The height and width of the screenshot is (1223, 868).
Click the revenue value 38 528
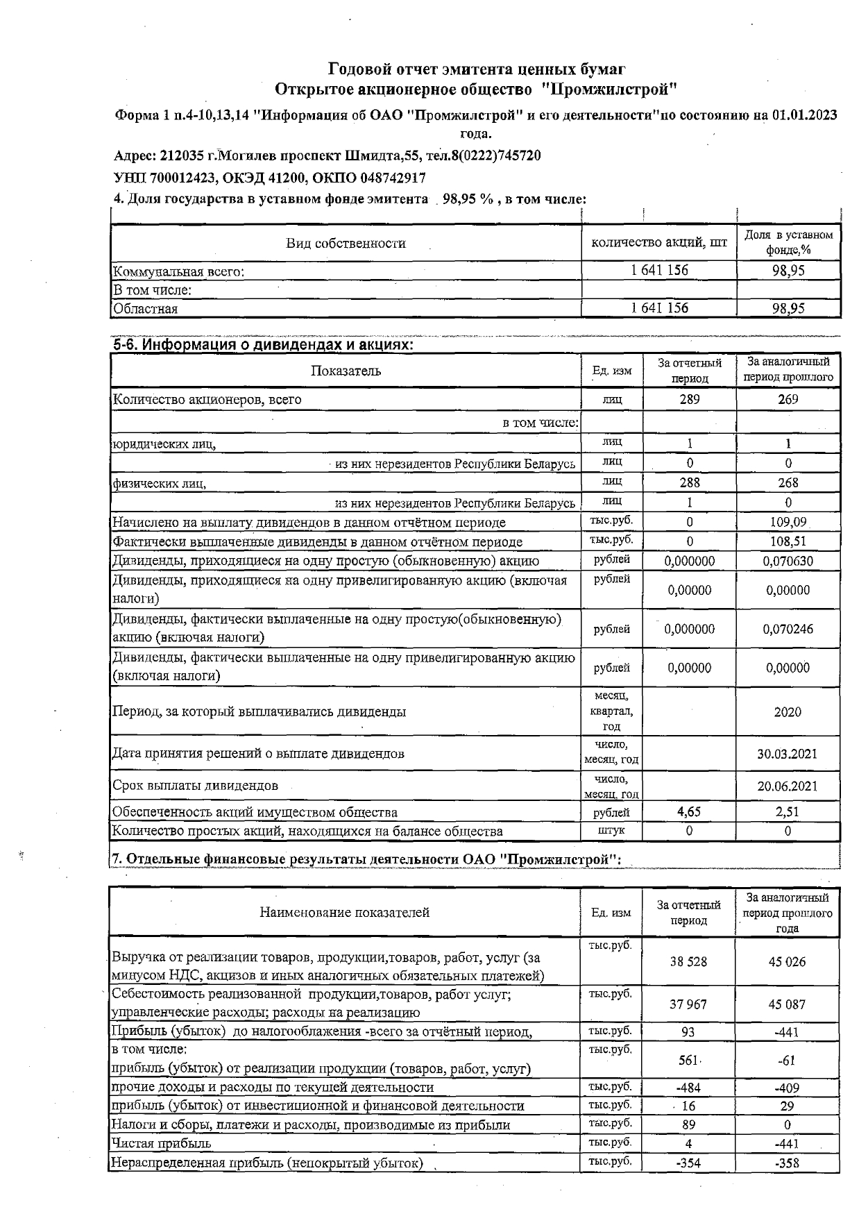point(688,961)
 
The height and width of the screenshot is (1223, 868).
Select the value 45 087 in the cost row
point(787,1004)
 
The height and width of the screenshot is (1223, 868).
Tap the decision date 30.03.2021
point(787,754)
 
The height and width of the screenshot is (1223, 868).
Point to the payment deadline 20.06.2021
point(787,786)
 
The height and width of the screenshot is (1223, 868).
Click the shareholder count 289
point(689,399)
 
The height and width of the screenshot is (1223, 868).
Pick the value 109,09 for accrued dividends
point(788,521)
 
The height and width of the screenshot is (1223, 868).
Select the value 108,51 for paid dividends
point(788,541)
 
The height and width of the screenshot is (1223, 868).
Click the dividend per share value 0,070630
point(788,561)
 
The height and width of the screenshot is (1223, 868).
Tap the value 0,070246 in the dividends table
point(788,629)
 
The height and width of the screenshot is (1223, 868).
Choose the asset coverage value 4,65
point(689,811)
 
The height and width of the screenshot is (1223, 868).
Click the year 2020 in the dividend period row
point(788,711)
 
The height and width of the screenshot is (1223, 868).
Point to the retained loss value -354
point(688,1163)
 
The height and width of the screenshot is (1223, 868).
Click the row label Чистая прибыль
point(162,1143)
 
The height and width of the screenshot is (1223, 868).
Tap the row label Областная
point(146,309)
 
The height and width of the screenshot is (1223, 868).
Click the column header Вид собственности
point(346,243)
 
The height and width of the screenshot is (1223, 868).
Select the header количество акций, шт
point(658,242)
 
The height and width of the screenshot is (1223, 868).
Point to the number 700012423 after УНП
point(182,178)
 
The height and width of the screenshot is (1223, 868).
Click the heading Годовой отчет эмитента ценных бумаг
point(477,69)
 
